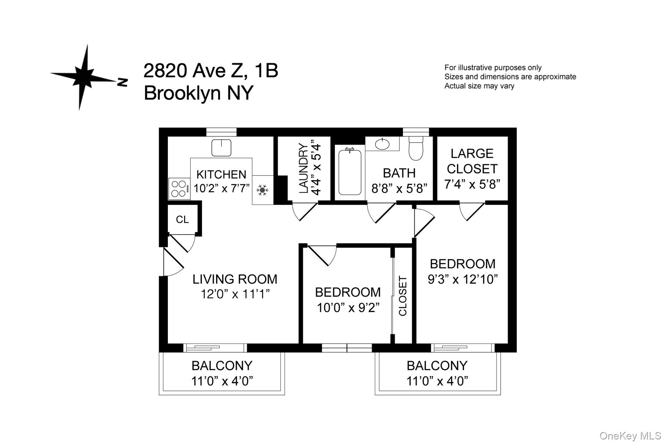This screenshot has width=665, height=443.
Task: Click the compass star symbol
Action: [84, 77]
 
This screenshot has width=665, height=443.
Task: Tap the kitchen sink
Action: [221, 148]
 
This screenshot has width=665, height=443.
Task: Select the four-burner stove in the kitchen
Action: [179, 189]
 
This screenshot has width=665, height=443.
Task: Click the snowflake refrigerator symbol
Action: [262, 190]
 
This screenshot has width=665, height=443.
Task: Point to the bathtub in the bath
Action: [350, 172]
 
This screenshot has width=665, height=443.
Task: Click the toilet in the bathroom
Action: [416, 148]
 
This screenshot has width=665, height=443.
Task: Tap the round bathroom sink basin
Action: [382, 144]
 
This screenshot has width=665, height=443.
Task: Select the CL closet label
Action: [182, 220]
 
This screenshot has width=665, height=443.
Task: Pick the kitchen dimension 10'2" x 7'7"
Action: [221, 188]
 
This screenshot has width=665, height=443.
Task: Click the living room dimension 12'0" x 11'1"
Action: [235, 294]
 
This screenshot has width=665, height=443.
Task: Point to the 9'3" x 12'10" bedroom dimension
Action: [463, 279]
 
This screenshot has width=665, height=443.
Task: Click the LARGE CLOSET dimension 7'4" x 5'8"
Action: [472, 184]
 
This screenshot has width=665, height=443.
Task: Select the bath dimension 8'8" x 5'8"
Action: [399, 188]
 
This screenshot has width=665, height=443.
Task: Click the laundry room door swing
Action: [304, 211]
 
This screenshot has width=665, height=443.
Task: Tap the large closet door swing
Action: [471, 211]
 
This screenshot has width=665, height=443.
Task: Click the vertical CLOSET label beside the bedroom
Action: [403, 296]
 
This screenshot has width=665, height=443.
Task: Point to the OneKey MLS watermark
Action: [630, 436]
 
